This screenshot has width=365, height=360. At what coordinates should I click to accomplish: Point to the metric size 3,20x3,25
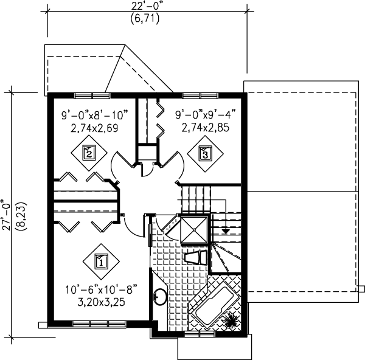click(x=101, y=302)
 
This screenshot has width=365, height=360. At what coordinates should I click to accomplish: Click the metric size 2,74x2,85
click(x=201, y=128)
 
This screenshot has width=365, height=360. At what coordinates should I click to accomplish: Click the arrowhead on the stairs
click(x=226, y=231)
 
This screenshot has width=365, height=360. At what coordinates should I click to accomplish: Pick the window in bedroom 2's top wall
click(x=92, y=95)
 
